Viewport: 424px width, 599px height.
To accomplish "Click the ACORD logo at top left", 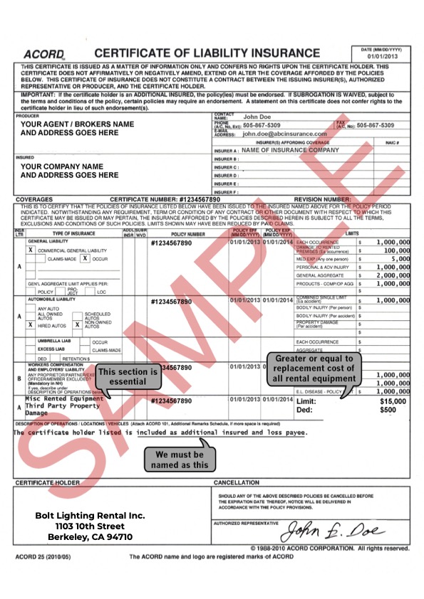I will click(44, 54).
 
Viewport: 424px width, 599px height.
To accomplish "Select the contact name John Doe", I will click(259, 117).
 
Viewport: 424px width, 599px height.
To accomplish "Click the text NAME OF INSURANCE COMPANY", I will click(290, 150).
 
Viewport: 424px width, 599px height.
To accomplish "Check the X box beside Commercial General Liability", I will click(30, 250).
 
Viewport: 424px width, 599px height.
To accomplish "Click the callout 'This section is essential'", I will click(129, 376).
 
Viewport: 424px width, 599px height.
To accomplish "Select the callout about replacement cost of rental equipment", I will click(313, 369).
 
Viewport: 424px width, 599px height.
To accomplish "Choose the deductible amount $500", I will click(388, 410).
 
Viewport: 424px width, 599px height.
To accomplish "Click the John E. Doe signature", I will click(334, 531).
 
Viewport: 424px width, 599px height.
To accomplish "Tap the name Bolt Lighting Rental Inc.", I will click(91, 515).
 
